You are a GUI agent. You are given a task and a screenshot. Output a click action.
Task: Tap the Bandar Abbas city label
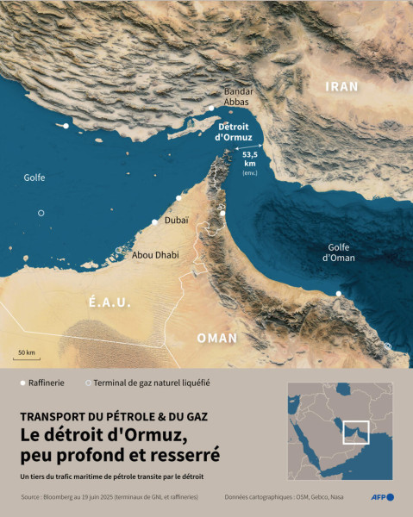coord(238,97)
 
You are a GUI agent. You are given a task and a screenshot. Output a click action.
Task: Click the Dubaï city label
coord(176,221)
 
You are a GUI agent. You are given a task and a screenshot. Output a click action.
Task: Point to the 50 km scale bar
coord(27,354)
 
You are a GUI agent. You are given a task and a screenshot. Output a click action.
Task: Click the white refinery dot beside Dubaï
coord(155,222)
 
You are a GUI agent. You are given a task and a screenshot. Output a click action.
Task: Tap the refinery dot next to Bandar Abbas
coord(211,109)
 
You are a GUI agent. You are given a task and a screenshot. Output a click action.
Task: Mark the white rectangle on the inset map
coord(355,432)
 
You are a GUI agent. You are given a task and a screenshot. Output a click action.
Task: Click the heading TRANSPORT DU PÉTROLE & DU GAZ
coord(114,415)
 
